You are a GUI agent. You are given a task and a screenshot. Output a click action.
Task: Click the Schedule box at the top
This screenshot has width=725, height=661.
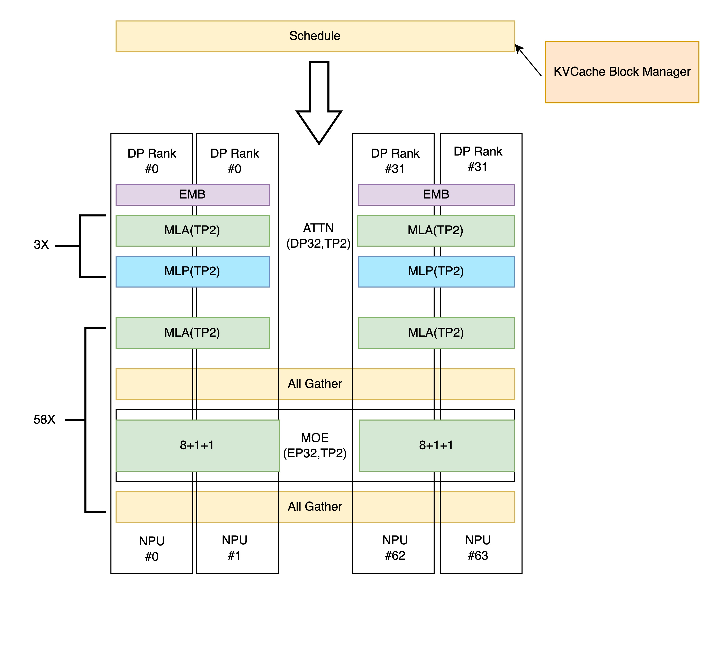(x=315, y=36)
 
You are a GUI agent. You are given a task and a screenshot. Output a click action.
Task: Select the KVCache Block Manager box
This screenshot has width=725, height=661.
(x=622, y=72)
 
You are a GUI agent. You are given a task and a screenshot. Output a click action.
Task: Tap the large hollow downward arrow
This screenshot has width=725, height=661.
(x=319, y=103)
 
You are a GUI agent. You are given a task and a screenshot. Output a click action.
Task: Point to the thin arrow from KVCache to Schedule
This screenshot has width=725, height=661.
(x=528, y=60)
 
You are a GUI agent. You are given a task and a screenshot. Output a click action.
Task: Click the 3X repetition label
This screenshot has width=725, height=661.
(x=41, y=245)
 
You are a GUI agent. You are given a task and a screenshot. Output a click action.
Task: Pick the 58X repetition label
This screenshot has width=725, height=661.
(x=44, y=420)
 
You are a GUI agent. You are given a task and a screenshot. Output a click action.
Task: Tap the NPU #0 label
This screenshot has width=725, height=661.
(x=152, y=549)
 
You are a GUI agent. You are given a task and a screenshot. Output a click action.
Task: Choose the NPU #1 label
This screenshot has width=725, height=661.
(x=234, y=548)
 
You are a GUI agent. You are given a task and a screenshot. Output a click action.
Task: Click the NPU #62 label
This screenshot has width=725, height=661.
(x=395, y=548)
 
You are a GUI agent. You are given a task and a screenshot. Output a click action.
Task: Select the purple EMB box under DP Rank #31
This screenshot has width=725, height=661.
(x=436, y=195)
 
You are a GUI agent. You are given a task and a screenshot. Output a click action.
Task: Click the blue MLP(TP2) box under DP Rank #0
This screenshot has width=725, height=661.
(x=192, y=271)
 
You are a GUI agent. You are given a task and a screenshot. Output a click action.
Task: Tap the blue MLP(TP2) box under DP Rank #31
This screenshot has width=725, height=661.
(x=436, y=271)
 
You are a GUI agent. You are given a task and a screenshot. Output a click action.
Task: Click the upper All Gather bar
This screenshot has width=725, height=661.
(x=315, y=384)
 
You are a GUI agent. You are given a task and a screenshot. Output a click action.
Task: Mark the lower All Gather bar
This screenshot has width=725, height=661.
(x=315, y=507)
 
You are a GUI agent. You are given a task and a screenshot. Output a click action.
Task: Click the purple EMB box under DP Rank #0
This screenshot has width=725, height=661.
(x=192, y=195)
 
